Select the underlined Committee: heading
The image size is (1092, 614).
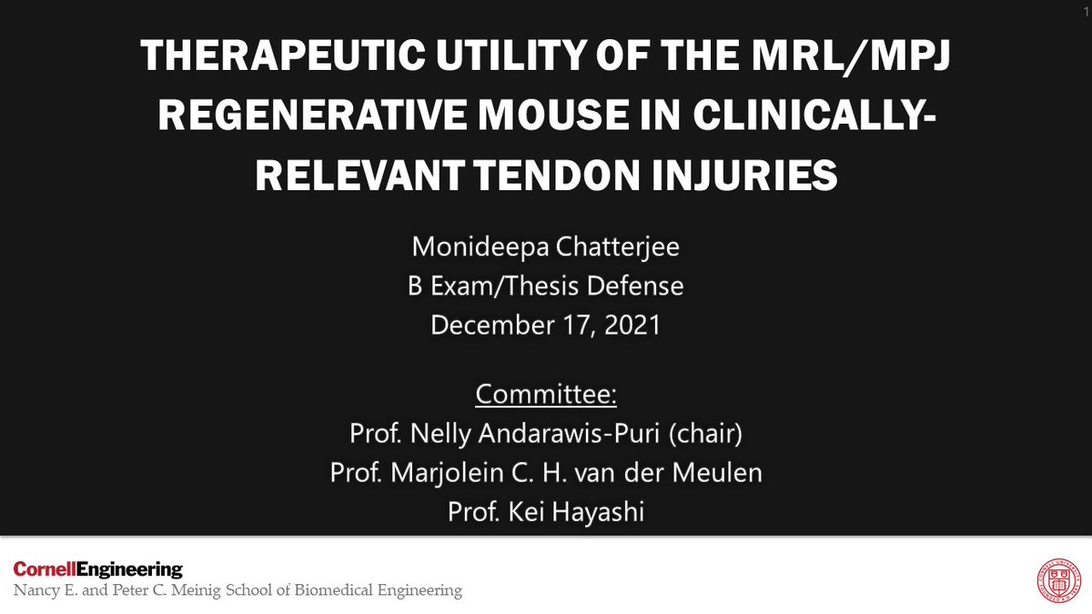545,396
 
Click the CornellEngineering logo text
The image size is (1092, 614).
98,570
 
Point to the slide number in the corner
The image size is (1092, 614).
1085,7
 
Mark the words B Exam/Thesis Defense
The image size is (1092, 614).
545,287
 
